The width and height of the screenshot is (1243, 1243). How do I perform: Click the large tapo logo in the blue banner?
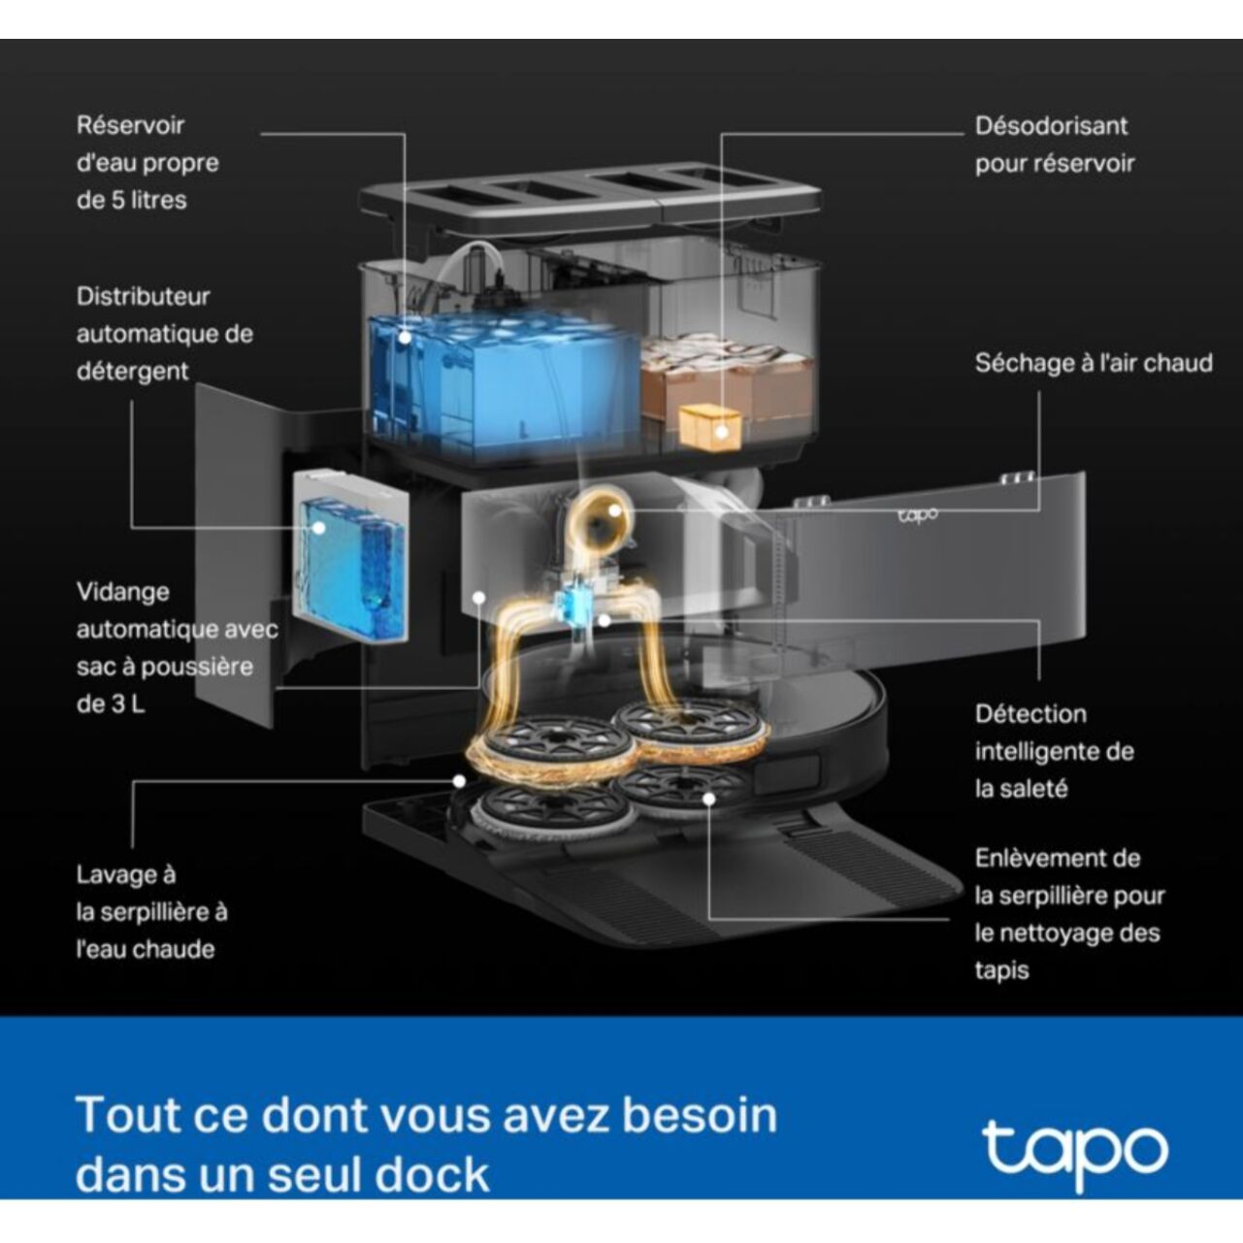click(1075, 1153)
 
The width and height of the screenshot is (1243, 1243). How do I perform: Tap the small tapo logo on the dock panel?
click(918, 515)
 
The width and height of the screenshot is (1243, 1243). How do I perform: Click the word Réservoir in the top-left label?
click(130, 125)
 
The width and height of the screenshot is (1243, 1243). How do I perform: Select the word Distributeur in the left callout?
click(143, 296)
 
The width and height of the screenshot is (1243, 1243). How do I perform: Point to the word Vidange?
click(122, 592)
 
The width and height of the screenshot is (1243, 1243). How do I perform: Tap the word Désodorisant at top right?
click(1051, 126)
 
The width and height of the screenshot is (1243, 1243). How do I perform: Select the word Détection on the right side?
click(1030, 714)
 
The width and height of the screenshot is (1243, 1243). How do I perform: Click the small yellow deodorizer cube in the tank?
click(710, 428)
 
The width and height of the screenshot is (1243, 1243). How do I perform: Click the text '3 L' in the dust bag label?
click(125, 703)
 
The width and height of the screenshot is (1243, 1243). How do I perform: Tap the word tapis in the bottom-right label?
click(1001, 970)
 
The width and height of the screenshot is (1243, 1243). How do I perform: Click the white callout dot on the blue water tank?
click(403, 338)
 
